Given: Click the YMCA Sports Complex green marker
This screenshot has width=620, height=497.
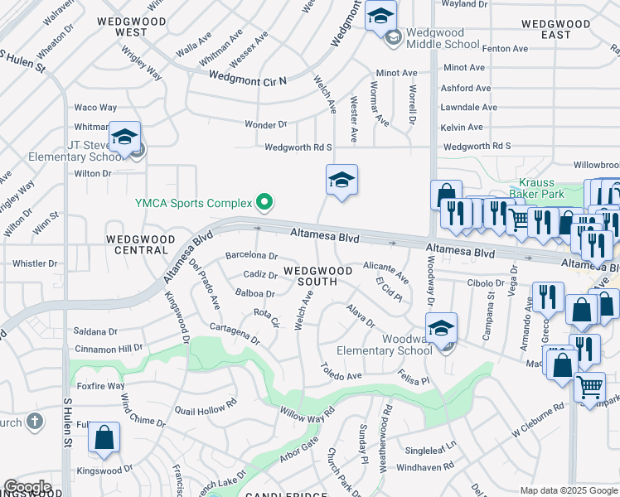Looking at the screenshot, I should pos(264,201).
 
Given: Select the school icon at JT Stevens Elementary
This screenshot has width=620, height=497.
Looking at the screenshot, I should pos(125,138).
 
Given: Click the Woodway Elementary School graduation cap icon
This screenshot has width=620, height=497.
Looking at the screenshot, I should pos(442,329).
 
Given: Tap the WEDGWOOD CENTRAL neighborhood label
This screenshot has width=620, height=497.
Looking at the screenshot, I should pos(141,244).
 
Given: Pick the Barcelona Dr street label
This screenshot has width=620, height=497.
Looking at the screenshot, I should pos(251,255).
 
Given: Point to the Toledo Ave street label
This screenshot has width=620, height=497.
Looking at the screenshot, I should pos(341,370).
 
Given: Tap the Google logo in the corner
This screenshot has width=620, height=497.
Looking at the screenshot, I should pos(27,487).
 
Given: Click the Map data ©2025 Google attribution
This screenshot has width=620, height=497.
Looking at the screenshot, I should pos(568,490).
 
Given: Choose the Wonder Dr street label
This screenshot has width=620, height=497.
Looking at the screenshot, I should pos(265,124).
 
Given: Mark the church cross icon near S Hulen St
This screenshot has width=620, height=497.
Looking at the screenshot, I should pos(34,422).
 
